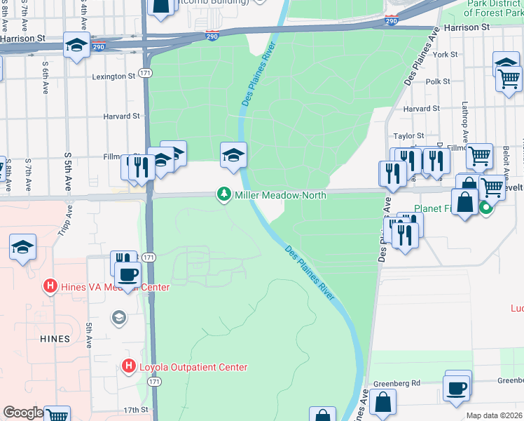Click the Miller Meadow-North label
[280, 195]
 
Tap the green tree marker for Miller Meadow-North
[224, 194]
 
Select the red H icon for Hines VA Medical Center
[50, 286]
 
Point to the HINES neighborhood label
[55, 339]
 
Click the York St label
[445, 54]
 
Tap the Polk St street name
[438, 81]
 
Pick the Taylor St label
[409, 135]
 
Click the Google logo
[22, 413]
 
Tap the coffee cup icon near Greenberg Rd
[457, 388]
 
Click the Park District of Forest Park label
[493, 8]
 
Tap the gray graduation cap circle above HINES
[118, 318]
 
